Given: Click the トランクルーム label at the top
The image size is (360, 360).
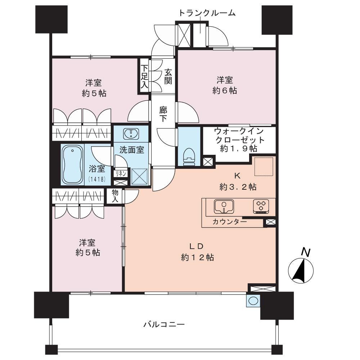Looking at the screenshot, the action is point(207,13).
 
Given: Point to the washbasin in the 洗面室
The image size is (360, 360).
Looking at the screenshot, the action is point(131,134).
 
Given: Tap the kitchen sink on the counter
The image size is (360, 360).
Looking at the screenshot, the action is point(224,206).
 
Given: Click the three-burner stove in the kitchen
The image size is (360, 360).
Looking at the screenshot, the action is point(261,206).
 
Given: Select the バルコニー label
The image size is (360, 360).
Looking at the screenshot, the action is point(164,324).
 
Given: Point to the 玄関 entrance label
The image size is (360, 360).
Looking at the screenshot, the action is point(168,77).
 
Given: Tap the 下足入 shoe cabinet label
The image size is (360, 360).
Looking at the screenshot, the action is point(144,77).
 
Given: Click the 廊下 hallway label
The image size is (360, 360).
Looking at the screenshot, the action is point(163,114).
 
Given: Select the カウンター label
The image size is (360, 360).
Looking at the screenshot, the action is point(230,222).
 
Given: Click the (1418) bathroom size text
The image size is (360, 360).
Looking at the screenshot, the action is point(97,179).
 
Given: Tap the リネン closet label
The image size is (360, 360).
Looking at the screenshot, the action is point(121,174).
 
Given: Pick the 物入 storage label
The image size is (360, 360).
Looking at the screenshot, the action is point(115,195).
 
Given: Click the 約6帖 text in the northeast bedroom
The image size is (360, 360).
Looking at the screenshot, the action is point(225,90).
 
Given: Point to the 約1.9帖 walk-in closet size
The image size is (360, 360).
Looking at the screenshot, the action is point(238,149).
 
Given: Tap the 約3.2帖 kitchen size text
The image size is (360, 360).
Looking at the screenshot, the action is point(238,187).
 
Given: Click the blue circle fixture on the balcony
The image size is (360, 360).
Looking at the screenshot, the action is point(253,301).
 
